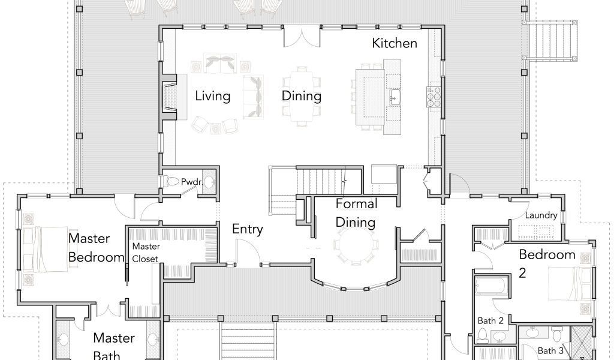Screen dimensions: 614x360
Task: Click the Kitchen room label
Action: [x=395, y=43]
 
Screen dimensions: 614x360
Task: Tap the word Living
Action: [x=213, y=97]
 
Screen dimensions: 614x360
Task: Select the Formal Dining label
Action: [x=356, y=213]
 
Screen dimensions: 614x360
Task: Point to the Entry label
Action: [x=248, y=229]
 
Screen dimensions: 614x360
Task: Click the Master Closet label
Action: [x=146, y=252]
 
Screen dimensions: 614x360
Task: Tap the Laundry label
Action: [x=541, y=215]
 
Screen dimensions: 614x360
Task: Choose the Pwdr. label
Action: [x=192, y=182]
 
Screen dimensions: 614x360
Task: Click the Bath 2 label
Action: [x=490, y=321]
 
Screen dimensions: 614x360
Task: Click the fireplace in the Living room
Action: [x=169, y=97]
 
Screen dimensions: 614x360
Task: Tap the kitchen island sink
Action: [x=394, y=97]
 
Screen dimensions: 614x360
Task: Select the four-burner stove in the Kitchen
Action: [x=434, y=97]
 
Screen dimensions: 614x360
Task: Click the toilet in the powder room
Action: [x=170, y=181]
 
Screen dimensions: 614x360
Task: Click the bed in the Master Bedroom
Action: [x=45, y=249]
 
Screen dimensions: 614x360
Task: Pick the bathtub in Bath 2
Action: [x=492, y=286]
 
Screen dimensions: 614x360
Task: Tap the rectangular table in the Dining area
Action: [x=301, y=97]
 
